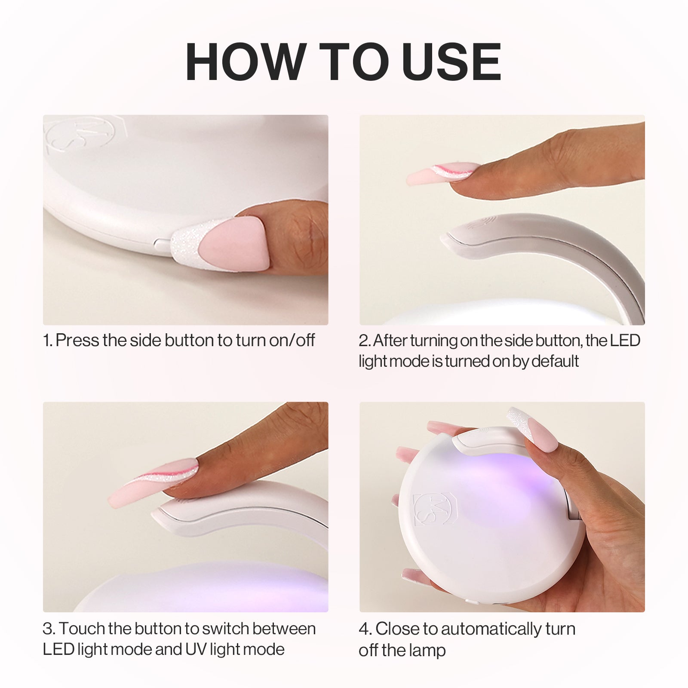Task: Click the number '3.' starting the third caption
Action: click(49, 629)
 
